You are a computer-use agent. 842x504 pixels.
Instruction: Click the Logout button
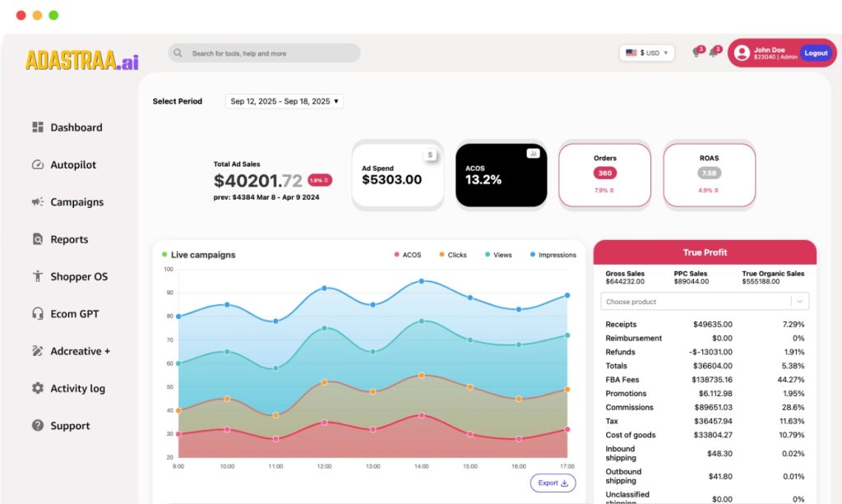pos(816,53)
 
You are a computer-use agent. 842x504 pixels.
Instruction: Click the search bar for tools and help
pos(264,53)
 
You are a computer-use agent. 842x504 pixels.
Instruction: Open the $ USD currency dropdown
pos(646,53)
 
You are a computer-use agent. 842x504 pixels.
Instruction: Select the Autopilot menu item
pos(73,164)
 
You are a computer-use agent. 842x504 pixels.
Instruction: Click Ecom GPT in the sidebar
pos(74,314)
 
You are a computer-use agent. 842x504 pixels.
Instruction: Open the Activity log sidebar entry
pos(77,389)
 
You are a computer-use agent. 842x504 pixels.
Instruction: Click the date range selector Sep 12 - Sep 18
pos(285,101)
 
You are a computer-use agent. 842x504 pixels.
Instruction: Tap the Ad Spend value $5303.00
pos(391,180)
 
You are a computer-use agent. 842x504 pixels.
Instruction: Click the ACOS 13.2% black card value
pos(483,180)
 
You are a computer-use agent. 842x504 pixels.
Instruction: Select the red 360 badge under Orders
pos(604,173)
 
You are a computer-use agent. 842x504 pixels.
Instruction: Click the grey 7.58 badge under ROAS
pos(709,173)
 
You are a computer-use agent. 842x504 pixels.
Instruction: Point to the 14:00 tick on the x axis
pos(422,466)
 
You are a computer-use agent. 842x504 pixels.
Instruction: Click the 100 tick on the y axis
pos(169,269)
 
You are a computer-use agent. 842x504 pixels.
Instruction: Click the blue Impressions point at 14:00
pos(422,281)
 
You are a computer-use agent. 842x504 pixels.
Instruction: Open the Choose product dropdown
pos(705,302)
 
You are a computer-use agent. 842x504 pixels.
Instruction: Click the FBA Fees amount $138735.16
pos(714,380)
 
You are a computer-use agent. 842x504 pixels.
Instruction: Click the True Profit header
pos(705,252)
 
